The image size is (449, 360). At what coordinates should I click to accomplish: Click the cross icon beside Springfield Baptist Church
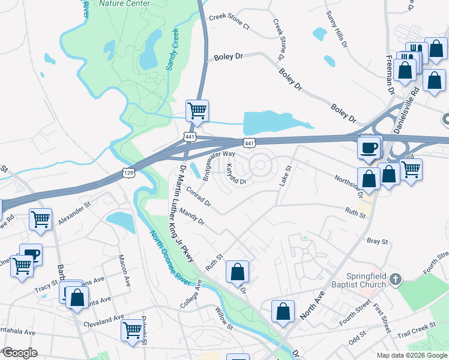(x=395, y=279)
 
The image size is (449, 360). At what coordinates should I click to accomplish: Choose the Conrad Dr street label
(x=199, y=197)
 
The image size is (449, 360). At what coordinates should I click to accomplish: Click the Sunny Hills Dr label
(x=336, y=29)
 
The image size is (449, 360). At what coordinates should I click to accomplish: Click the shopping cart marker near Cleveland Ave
(x=131, y=329)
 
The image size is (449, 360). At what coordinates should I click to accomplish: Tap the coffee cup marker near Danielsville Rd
(x=369, y=146)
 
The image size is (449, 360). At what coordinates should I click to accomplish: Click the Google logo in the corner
(x=19, y=353)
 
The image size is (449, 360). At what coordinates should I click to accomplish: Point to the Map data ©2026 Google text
(x=411, y=355)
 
